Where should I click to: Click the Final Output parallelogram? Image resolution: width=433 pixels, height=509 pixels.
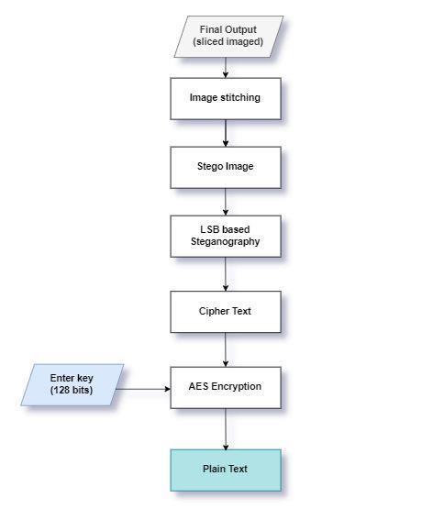pos(228,37)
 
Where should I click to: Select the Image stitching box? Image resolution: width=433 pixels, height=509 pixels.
pos(226,99)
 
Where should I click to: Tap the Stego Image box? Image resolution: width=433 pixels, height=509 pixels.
pos(226,168)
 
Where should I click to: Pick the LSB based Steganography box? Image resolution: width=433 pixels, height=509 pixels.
pos(226,237)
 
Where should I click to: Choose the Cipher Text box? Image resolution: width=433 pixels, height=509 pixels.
pos(226,312)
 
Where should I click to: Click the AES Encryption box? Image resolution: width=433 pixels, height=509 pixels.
pos(226,388)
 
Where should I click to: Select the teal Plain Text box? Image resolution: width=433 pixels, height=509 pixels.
pos(226,470)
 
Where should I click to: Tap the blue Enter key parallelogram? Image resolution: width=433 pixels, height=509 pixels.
pos(72,384)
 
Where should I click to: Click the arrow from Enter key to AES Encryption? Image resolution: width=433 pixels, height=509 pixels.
pos(143,389)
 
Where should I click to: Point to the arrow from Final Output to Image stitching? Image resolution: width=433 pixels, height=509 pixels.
pos(226,68)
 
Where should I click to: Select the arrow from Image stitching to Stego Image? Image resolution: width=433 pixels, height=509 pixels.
pos(226,133)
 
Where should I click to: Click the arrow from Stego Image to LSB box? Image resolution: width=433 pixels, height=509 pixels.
pos(226,202)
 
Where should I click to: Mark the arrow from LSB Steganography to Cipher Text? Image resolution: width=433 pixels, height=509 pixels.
pos(226,274)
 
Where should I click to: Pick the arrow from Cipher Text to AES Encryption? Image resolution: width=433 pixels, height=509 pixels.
pos(226,349)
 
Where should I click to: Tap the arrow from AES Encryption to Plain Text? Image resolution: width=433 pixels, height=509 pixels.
pos(226,429)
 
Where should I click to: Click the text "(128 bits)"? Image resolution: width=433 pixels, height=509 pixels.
pos(72,390)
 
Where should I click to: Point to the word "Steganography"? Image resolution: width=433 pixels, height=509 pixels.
pos(226,242)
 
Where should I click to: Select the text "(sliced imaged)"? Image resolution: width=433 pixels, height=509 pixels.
pos(228,42)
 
